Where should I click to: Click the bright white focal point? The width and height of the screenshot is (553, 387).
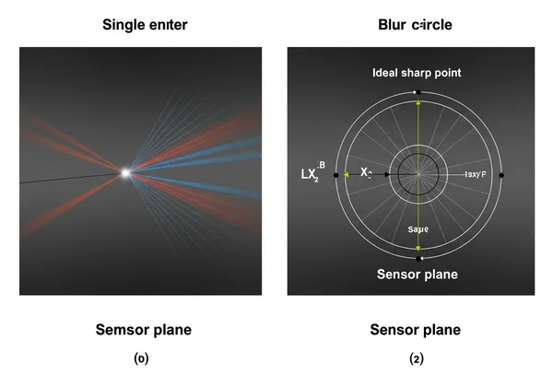125,172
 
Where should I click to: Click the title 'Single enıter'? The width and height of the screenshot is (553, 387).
145,26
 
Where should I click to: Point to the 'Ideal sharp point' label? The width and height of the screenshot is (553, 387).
417,72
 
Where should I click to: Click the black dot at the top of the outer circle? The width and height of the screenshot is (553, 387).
418,92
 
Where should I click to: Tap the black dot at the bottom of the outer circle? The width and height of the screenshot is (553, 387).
418,259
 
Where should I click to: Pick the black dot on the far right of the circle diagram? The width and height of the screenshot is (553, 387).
501,174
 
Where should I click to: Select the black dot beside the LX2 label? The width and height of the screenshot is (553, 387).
334,174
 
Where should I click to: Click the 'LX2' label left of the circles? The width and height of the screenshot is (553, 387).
309,173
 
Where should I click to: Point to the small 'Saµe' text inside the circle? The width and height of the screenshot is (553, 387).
418,229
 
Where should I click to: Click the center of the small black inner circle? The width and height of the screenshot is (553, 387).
418,173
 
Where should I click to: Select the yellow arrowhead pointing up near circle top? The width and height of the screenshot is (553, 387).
418,103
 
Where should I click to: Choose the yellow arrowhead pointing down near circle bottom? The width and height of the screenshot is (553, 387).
418,248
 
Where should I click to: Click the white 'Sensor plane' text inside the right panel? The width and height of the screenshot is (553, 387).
417,275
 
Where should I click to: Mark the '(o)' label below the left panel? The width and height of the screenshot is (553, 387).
140,358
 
